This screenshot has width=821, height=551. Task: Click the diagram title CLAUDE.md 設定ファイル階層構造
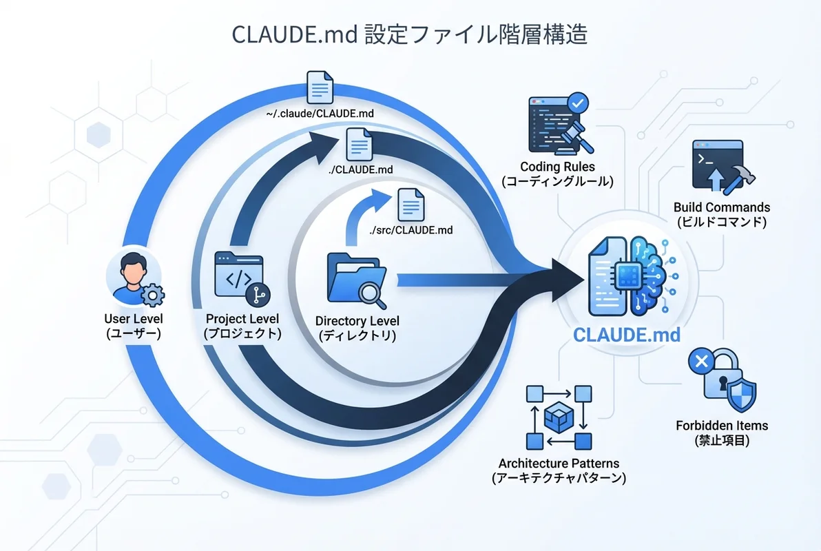(x=410, y=34)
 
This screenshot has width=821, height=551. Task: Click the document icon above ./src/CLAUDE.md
(x=410, y=205)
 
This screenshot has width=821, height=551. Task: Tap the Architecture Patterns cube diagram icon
(x=559, y=417)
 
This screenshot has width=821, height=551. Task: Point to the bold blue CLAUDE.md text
(x=626, y=335)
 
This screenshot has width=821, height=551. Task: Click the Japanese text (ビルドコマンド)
(x=721, y=222)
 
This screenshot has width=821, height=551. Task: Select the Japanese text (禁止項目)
(x=721, y=441)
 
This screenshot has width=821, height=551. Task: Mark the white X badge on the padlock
(x=701, y=361)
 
